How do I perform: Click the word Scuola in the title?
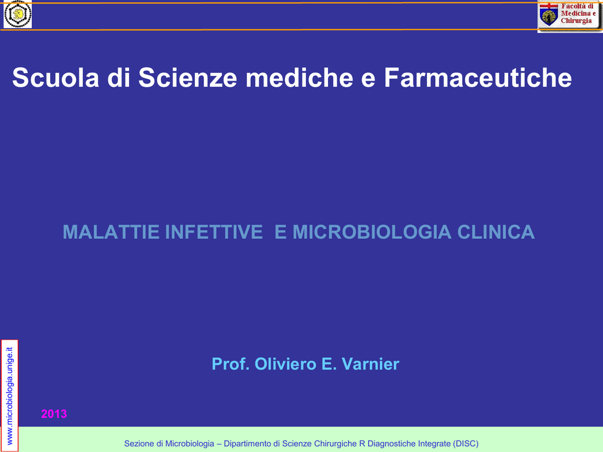point(56,78)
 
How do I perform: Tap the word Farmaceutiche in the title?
point(478,78)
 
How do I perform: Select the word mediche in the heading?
point(299,78)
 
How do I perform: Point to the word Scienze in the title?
point(188,78)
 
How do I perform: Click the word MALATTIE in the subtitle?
point(111,232)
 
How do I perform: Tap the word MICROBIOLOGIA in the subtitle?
point(372,232)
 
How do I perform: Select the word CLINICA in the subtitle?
point(496,232)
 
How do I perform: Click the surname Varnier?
point(370,364)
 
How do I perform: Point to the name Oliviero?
point(286,364)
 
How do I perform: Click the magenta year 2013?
point(54,414)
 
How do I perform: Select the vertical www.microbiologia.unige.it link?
point(9,396)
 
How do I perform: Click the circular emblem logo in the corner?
point(18,14)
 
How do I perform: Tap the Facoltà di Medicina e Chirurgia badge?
point(569,15)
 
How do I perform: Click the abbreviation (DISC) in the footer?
point(466,444)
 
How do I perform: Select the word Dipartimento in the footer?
point(248,444)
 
